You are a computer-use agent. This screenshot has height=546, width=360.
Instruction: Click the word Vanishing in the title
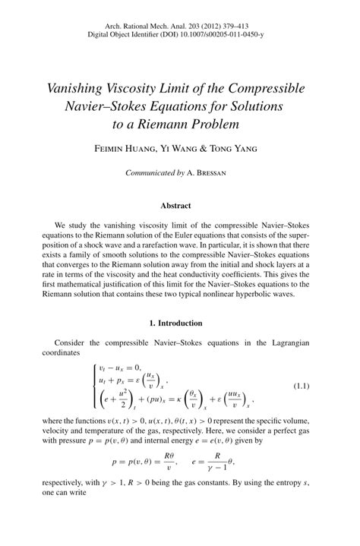click(81, 88)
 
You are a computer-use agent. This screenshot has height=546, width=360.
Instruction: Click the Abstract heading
click(180, 205)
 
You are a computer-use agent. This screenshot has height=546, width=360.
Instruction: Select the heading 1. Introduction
click(180, 322)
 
